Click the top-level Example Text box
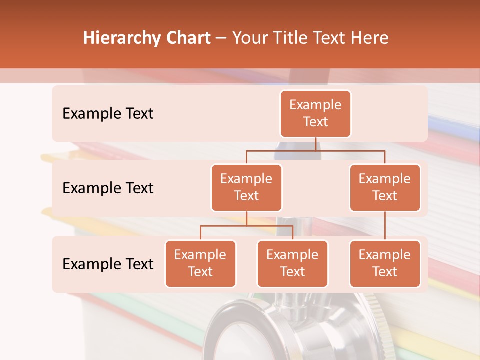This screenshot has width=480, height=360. point(315,114)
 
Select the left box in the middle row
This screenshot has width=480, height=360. point(246,188)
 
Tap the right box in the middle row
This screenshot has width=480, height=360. point(385,188)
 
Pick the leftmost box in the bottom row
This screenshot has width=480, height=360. point(200,264)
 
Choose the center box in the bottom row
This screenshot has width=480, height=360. point(292,264)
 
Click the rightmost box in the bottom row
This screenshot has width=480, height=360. point(385,264)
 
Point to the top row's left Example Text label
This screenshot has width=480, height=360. point(108,114)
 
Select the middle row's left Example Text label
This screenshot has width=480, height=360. point(108,188)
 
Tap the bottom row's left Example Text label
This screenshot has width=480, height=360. point(108,264)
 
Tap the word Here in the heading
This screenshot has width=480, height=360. point(370,38)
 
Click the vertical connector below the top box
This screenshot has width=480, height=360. point(315,144)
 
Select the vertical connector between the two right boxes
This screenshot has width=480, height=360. point(385,226)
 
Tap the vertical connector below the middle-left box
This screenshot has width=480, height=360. point(246,218)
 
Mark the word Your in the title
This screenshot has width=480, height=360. point(249,38)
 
